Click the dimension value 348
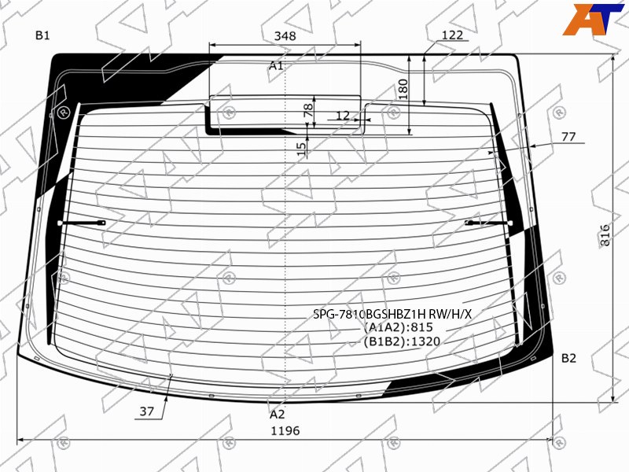coord(285,35)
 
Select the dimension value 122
coord(452,35)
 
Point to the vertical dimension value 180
coord(403,89)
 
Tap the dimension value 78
coord(308,110)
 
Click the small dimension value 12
coord(342,116)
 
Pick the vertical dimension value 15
coord(302,149)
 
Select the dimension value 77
coord(568,137)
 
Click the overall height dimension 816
coord(605,234)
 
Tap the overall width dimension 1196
coord(285,430)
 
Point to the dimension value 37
coord(147,411)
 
